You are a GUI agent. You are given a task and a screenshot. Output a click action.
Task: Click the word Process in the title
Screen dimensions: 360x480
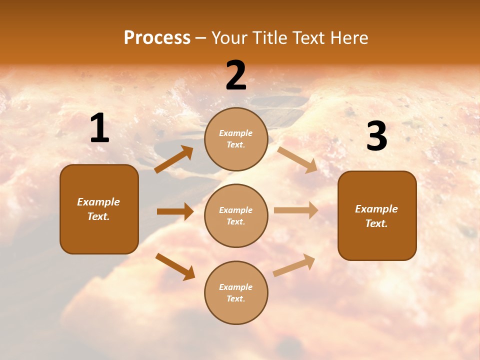point(157,38)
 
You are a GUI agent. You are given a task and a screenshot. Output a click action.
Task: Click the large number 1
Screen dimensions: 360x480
point(99,128)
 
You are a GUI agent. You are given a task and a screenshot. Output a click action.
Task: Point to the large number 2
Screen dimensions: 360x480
point(236,75)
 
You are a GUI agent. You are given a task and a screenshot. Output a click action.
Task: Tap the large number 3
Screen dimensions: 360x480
point(376,136)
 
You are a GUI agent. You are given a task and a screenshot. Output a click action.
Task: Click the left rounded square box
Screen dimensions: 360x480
point(99,209)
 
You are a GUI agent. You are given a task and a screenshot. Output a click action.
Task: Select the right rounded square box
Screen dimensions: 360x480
point(377,216)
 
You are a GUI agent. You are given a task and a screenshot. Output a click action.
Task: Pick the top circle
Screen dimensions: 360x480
point(236,139)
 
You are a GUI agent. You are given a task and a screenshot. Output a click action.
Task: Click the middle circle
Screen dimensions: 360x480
point(236,215)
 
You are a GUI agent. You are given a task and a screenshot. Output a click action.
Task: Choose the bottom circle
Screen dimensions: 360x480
point(236,292)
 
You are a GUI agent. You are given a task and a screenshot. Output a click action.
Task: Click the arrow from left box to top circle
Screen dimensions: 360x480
point(174,159)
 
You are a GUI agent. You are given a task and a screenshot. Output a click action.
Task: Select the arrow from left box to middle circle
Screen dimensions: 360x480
point(175,211)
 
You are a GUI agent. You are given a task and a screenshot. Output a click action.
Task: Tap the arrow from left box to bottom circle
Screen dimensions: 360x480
point(175,266)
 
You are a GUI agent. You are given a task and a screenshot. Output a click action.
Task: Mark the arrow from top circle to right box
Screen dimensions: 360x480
point(298,159)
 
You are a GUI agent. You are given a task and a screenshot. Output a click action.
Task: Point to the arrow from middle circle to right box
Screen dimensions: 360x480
point(296,210)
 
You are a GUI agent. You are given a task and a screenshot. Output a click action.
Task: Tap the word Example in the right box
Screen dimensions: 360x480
point(376,209)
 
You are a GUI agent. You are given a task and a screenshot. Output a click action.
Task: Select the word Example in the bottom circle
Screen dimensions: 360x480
point(236,287)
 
